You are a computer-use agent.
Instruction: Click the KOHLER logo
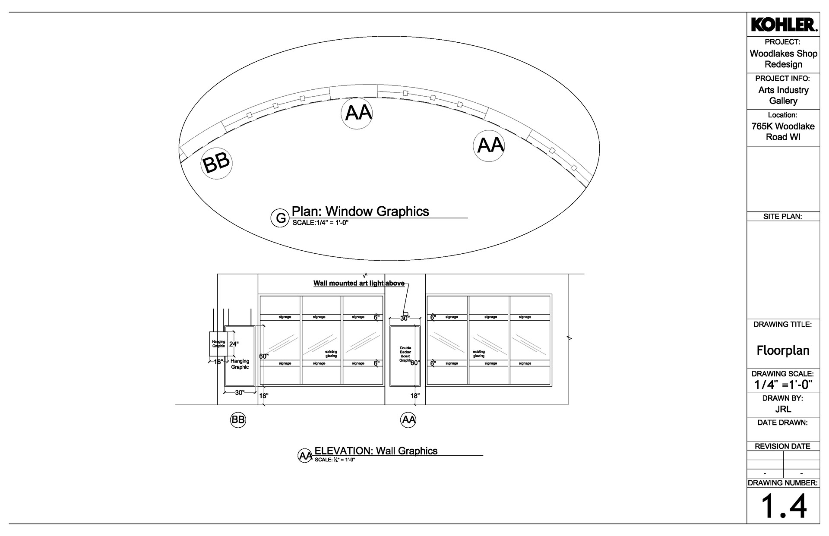point(784,25)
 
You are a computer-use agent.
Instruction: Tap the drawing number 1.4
point(783,506)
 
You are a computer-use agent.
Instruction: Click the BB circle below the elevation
point(238,419)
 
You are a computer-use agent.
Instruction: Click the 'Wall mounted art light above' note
point(359,284)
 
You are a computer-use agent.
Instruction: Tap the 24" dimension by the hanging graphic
point(234,344)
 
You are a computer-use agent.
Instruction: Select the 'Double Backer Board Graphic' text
point(405,354)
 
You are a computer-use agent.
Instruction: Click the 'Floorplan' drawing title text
point(783,350)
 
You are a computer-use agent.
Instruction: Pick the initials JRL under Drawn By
point(783,409)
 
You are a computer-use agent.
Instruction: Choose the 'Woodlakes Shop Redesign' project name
point(783,59)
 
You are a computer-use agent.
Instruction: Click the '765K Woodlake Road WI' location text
point(783,132)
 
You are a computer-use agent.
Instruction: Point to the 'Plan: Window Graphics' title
point(361,211)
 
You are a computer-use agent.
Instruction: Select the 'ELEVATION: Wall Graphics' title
point(376,451)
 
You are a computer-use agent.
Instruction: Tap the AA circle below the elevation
point(408,419)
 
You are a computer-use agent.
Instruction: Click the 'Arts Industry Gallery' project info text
point(783,95)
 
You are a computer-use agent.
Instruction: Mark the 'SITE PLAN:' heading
point(782,217)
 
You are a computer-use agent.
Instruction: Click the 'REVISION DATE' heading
point(782,446)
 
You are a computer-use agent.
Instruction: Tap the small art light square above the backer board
point(405,314)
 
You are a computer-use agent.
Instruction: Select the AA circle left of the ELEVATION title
point(305,456)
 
